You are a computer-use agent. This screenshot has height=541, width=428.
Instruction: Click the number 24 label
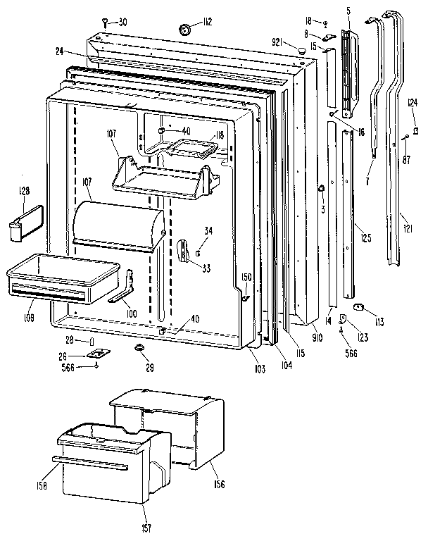[x=61, y=51]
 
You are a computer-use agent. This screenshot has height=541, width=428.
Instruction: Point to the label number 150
[x=246, y=276]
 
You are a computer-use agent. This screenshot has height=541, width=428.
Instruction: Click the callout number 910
[x=317, y=338]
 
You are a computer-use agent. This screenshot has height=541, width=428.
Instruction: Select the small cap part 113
[x=359, y=306]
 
